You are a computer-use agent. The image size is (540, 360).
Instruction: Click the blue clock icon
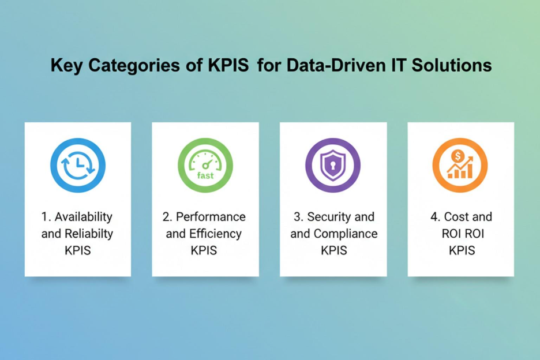pyautogui.click(x=78, y=166)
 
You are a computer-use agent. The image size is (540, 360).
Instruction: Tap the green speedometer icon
pyautogui.click(x=205, y=166)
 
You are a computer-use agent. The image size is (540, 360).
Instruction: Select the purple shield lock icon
pyautogui.click(x=333, y=166)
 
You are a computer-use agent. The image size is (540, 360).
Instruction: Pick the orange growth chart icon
pyautogui.click(x=460, y=166)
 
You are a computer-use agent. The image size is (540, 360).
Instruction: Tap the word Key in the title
pyautogui.click(x=63, y=65)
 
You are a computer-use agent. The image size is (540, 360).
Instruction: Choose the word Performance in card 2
pyautogui.click(x=211, y=217)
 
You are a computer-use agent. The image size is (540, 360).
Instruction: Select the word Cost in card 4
pyautogui.click(x=456, y=217)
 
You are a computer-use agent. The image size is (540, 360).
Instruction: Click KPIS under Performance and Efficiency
pyautogui.click(x=205, y=250)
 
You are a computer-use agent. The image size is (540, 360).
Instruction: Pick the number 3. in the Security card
pyautogui.click(x=298, y=217)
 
